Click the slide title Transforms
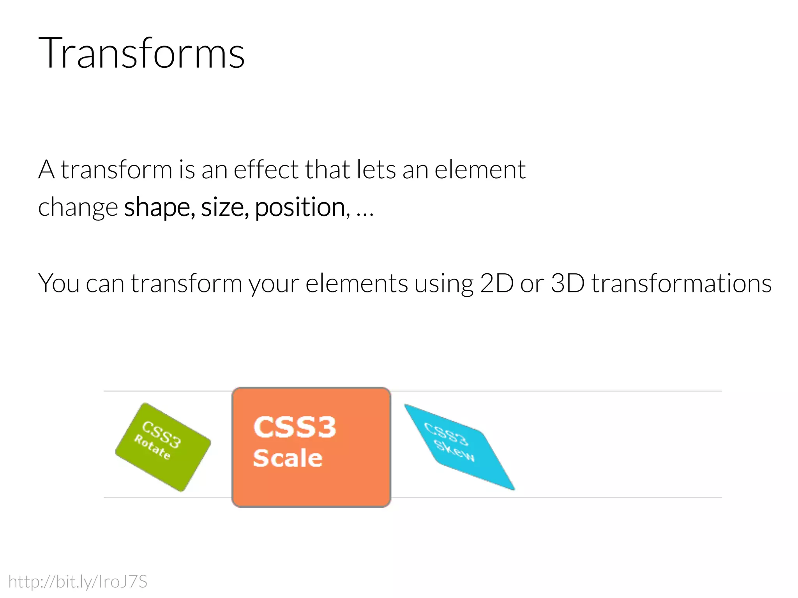pos(141,53)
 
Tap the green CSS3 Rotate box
pos(163,447)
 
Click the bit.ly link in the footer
pos(78,581)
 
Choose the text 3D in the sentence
pos(567,283)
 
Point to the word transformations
pos(681,283)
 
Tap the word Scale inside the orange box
pos(288,458)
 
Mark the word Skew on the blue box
pos(454,452)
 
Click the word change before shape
pos(78,207)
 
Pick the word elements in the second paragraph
pos(357,283)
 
